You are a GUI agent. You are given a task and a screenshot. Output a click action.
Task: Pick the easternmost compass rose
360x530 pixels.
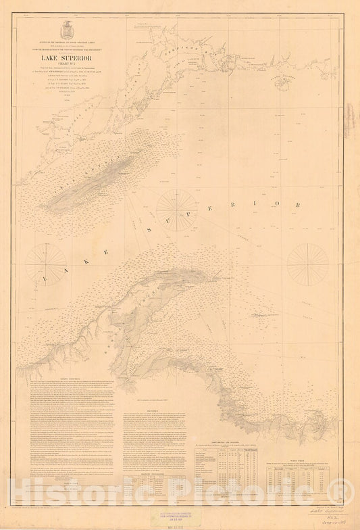coord(307,263)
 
